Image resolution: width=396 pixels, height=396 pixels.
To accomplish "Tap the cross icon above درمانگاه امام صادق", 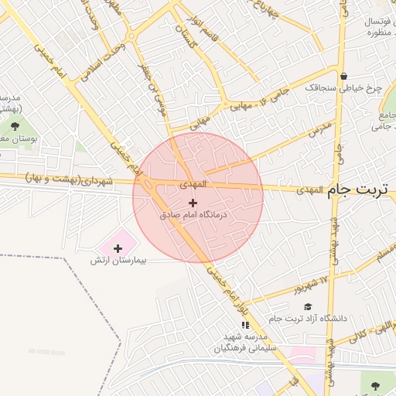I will pyautogui.click(x=193, y=203).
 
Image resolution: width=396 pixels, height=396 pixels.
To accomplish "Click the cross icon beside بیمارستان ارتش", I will pyautogui.click(x=118, y=248).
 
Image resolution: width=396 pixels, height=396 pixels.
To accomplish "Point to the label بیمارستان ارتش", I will pyautogui.click(x=118, y=261).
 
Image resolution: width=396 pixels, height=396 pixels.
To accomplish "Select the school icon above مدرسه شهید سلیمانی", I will pyautogui.click(x=246, y=325).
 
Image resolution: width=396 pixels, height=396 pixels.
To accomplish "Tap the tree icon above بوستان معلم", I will pyautogui.click(x=15, y=126).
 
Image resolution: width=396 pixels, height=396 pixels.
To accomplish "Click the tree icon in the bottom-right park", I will pyautogui.click(x=376, y=385).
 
